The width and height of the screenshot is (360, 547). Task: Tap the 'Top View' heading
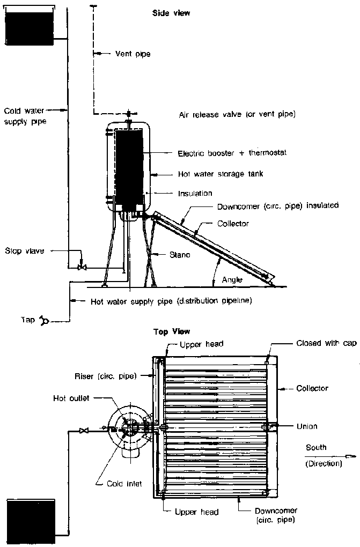pyautogui.click(x=172, y=332)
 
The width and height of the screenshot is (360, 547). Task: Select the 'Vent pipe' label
pyautogui.click(x=133, y=54)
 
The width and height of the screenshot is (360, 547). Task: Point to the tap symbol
pyautogui.click(x=45, y=321)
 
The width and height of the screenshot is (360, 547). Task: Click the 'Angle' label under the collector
pyautogui.click(x=232, y=279)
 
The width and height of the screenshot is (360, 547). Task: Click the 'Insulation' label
pyautogui.click(x=195, y=193)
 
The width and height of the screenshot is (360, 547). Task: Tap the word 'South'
pyautogui.click(x=315, y=447)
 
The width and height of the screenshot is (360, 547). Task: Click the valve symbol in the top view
pyautogui.click(x=83, y=430)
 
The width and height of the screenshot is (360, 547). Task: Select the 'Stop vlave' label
pyautogui.click(x=25, y=250)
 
